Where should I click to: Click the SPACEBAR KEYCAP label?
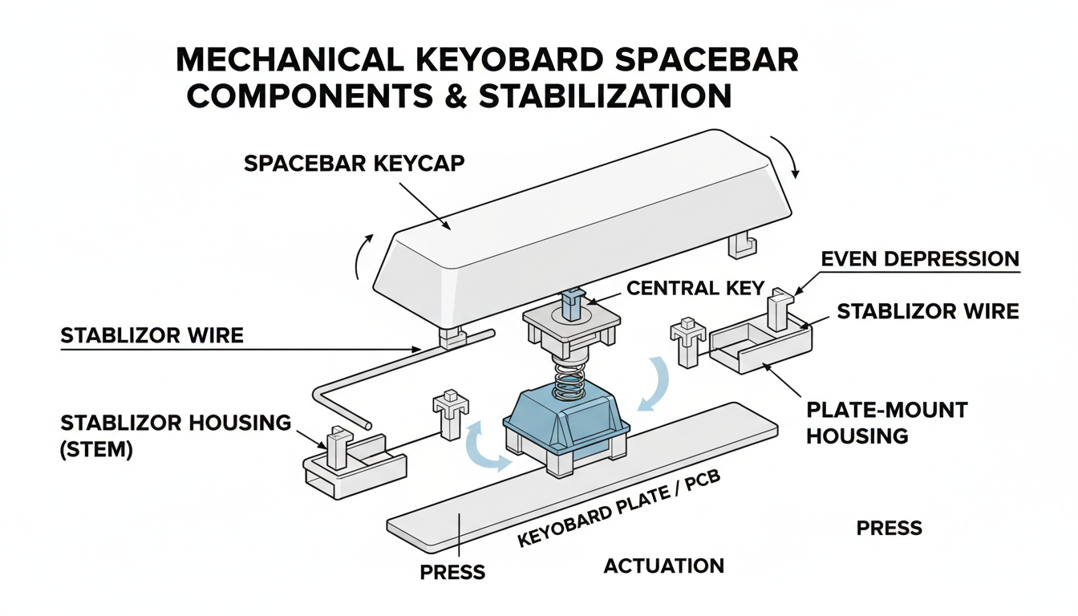[354, 163]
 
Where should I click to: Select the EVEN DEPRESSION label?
[920, 259]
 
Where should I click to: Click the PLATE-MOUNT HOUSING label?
[886, 423]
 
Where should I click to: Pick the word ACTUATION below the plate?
[663, 566]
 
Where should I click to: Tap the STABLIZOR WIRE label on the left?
[152, 334]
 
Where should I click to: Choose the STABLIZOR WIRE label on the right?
[927, 311]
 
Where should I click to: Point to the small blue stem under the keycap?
[572, 302]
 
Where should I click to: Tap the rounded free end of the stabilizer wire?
[367, 422]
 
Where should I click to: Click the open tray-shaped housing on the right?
[760, 345]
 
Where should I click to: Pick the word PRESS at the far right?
[889, 529]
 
